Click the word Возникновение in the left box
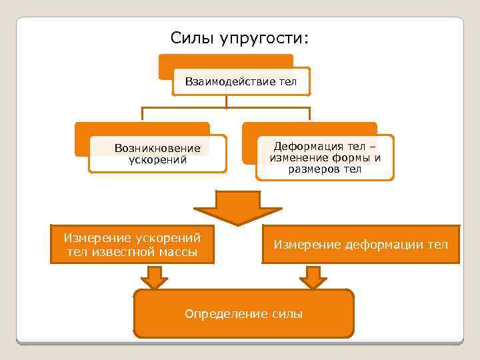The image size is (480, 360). point(157,148)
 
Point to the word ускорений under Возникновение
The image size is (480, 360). point(157,159)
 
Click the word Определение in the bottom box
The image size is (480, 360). point(226,313)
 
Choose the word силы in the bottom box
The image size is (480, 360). point(287,313)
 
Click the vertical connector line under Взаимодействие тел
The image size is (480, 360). point(227,102)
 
